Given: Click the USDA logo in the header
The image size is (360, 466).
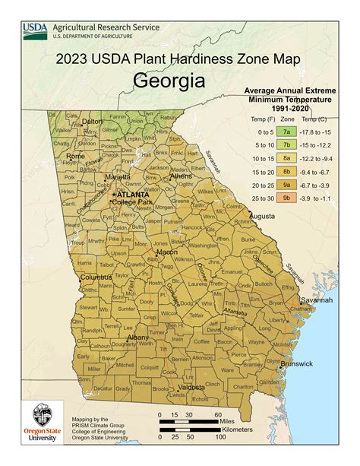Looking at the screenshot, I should click(35, 30).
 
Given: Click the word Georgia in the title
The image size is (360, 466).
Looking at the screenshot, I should click(169, 81).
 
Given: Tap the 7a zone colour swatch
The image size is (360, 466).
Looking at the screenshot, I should click(286, 132).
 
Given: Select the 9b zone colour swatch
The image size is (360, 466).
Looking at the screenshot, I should click(286, 198).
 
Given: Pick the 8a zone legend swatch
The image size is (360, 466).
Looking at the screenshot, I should click(286, 158).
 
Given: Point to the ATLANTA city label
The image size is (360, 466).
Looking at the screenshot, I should click(132, 195).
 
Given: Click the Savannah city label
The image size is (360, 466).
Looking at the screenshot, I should click(317, 299).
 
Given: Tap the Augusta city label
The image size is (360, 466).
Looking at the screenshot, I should click(262, 216).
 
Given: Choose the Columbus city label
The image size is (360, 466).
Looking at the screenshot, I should click(96, 277).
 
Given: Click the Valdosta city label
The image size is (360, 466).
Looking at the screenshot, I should click(191, 387).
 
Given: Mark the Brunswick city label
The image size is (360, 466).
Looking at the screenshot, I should click(296, 363).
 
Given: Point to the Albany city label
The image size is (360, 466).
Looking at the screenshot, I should click(137, 337).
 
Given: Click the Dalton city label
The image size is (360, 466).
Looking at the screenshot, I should click(92, 121).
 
